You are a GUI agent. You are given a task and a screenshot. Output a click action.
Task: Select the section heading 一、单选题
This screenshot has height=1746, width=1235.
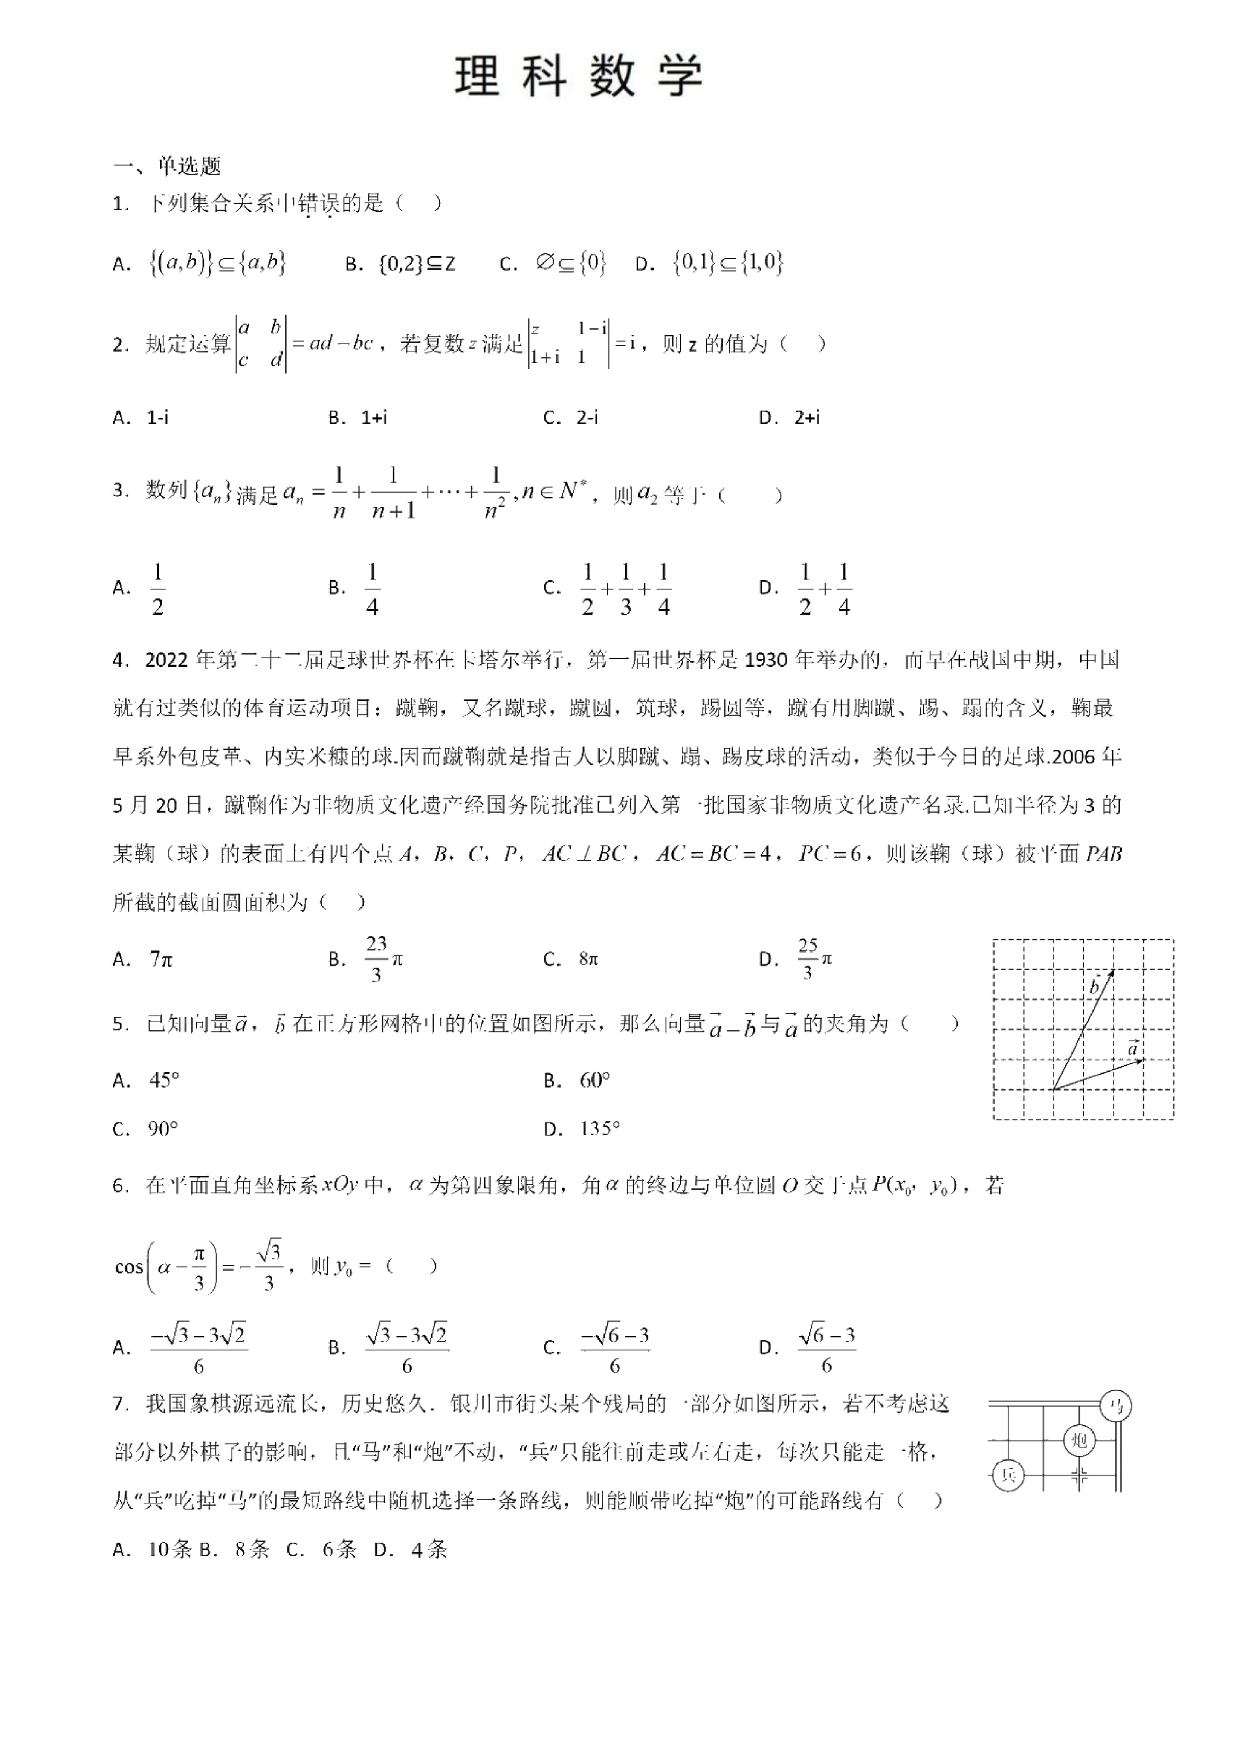[167, 166]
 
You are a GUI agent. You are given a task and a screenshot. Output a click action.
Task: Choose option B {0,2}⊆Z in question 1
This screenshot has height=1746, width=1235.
[416, 264]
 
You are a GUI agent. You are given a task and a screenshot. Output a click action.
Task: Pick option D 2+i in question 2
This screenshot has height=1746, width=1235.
[807, 417]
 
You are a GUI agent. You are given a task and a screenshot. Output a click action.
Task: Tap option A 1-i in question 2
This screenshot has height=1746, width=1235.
[158, 417]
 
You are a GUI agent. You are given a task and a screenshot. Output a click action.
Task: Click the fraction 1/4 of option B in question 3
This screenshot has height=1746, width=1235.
[372, 589]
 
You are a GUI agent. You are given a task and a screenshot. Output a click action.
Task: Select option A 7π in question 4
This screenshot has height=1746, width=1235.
[161, 960]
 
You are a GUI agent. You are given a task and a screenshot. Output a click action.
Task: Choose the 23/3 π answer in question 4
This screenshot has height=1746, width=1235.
[383, 960]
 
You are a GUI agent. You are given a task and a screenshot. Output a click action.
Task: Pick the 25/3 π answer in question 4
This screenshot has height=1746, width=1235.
[815, 960]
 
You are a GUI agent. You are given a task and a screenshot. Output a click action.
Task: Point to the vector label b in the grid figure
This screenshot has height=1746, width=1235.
[1095, 987]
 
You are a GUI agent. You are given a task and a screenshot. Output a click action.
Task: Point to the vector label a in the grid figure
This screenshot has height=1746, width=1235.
[1133, 1049]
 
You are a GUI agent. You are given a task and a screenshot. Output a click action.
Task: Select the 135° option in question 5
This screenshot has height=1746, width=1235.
[600, 1128]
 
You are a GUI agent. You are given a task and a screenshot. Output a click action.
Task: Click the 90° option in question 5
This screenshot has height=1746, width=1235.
[164, 1128]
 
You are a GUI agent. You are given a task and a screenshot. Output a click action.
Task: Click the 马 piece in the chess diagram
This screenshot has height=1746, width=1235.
[1116, 1407]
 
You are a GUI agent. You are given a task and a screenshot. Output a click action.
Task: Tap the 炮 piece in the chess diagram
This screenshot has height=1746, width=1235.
[1079, 1439]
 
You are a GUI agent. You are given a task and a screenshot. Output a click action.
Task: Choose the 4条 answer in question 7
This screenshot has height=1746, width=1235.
[429, 1549]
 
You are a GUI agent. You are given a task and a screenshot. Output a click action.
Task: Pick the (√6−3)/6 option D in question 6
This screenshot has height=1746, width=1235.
[827, 1348]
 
